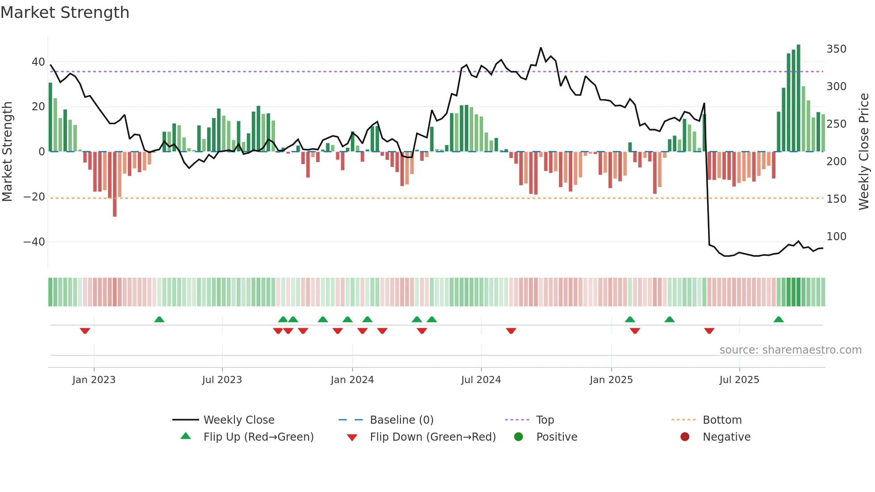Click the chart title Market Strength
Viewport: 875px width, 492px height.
click(65, 13)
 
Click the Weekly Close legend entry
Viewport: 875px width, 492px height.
click(238, 420)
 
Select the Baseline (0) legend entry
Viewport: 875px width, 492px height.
click(401, 420)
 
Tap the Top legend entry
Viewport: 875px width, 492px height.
click(545, 420)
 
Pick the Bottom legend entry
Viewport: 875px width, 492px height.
click(722, 420)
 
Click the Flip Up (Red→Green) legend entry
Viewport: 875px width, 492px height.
click(258, 437)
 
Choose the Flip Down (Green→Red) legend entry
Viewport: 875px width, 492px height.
click(432, 437)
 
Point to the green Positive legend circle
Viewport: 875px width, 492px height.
click(518, 437)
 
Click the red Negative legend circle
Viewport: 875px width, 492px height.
click(685, 437)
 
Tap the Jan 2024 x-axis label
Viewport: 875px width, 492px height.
click(352, 380)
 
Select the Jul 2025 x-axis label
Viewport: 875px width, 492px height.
click(739, 380)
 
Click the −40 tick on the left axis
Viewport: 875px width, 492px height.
click(34, 242)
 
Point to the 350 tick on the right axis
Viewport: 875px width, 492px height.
click(836, 49)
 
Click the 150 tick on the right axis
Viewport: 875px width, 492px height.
click(836, 199)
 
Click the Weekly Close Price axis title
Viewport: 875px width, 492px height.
click(864, 152)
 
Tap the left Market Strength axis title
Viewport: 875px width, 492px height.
click(8, 152)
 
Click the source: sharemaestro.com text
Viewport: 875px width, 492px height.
click(790, 350)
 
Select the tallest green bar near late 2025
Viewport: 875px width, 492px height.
click(799, 98)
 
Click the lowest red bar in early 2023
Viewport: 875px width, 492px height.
click(115, 184)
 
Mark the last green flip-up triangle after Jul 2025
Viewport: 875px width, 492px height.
click(779, 319)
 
